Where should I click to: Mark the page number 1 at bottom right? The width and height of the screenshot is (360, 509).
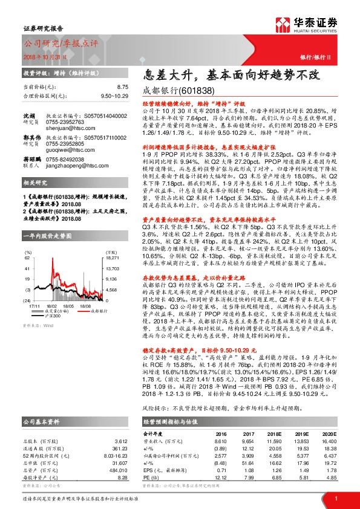336,498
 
